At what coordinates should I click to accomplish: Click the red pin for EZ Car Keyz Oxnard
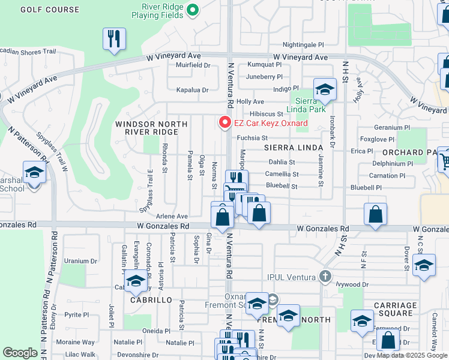coord(225,122)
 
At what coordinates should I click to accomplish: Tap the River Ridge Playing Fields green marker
coord(193,10)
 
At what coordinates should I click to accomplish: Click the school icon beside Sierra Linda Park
coord(325,89)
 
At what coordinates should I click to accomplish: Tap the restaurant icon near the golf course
coord(113,40)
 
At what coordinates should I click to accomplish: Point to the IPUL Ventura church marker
coord(325,277)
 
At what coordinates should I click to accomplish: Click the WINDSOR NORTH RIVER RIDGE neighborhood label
coord(151,128)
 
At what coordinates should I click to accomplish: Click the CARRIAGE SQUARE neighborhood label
coord(394,309)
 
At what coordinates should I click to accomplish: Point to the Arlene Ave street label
coord(172,216)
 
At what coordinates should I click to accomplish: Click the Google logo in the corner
coord(20,353)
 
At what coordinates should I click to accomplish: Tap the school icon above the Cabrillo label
coord(136,281)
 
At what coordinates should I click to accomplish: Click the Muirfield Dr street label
coord(193,65)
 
